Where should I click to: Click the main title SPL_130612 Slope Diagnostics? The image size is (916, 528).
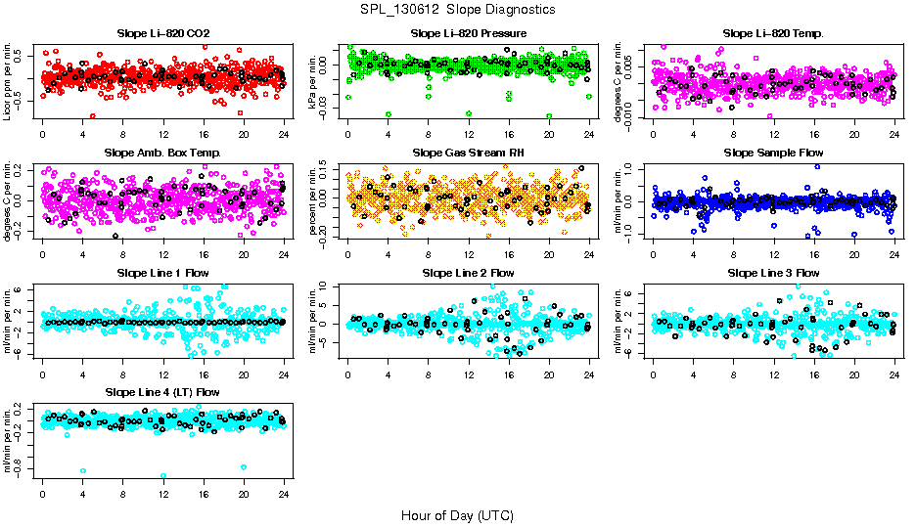click(x=457, y=10)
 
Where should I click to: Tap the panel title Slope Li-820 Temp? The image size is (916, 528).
click(x=773, y=34)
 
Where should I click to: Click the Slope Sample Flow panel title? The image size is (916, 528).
click(x=773, y=154)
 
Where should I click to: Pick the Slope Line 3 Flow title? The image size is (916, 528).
click(x=773, y=273)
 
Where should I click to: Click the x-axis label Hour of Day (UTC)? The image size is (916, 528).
click(x=457, y=515)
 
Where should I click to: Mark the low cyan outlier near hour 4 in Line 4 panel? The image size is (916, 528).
click(x=83, y=470)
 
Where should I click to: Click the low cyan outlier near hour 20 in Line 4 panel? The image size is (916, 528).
click(x=243, y=467)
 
